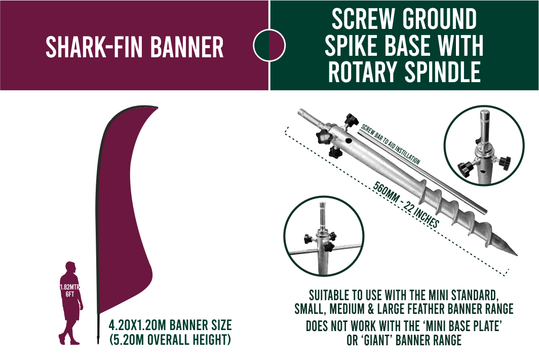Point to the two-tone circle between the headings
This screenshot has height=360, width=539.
tap(269, 46)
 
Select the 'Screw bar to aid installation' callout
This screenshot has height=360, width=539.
tap(391, 145)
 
